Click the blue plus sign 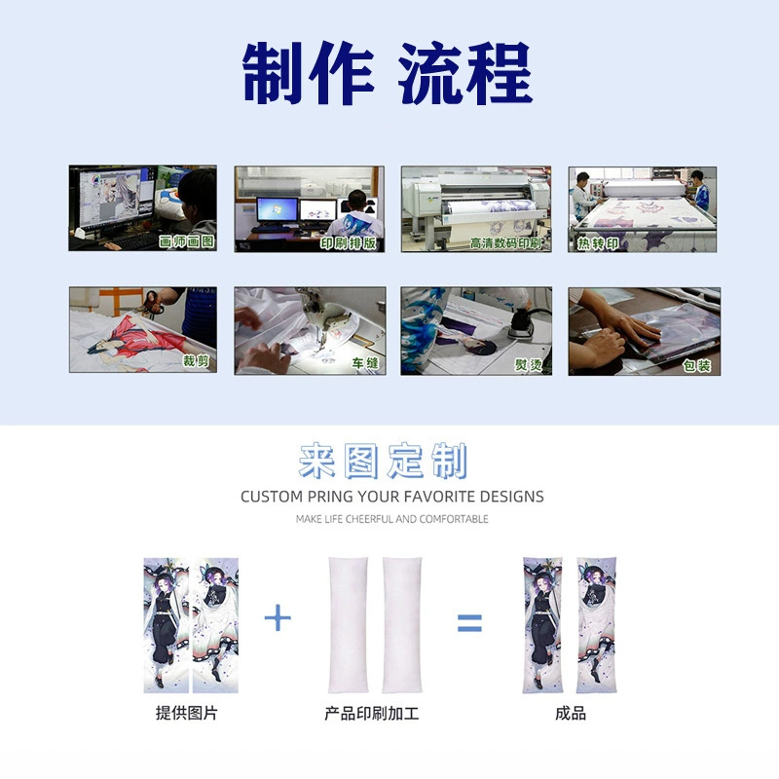pyautogui.click(x=278, y=617)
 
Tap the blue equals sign pyautogui.click(x=469, y=623)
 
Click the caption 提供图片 pyautogui.click(x=186, y=713)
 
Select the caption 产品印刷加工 pyautogui.click(x=372, y=714)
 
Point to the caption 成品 pyautogui.click(x=571, y=714)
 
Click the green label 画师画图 pyautogui.click(x=187, y=241)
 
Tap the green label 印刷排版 pyautogui.click(x=349, y=242)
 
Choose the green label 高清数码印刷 pyautogui.click(x=505, y=243)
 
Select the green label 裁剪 pyautogui.click(x=197, y=361)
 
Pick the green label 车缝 pyautogui.click(x=365, y=363)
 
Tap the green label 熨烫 pyautogui.click(x=529, y=364)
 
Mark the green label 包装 pyautogui.click(x=696, y=366)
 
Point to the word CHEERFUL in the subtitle pyautogui.click(x=370, y=519)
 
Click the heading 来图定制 pyautogui.click(x=383, y=461)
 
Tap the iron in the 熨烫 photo pyautogui.click(x=521, y=323)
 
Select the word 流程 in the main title pyautogui.click(x=465, y=73)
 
